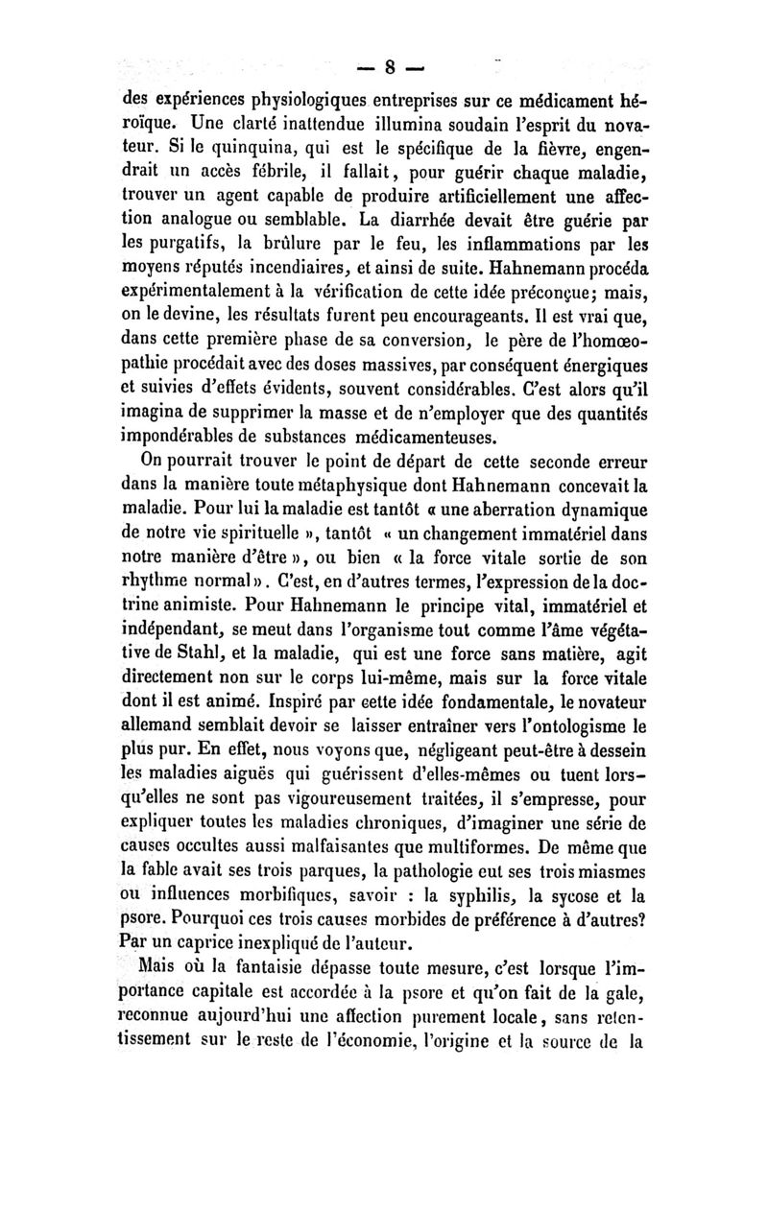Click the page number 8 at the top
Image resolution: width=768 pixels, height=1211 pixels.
tap(391, 67)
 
